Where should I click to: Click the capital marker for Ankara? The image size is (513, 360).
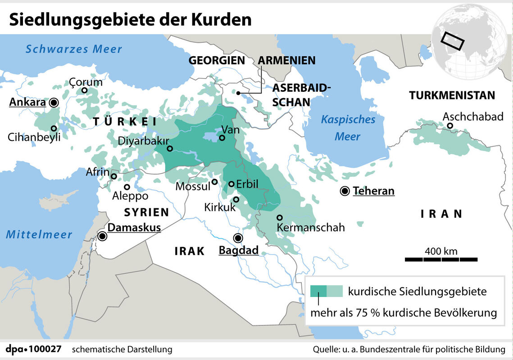click(54, 103)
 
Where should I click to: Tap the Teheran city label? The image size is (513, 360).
click(373, 191)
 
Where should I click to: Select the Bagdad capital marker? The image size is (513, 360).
click(237, 238)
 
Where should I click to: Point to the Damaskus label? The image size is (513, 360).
click(134, 228)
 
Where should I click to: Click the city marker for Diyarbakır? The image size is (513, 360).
click(170, 148)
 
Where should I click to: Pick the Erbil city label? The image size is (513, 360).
click(247, 184)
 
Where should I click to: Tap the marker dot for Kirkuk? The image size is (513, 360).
click(236, 199)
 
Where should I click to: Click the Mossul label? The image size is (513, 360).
click(193, 186)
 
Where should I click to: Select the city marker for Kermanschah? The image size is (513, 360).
click(280, 217)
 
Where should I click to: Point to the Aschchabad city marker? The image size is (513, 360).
click(450, 126)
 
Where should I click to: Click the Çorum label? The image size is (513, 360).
click(86, 82)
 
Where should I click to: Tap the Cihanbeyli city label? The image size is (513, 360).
click(34, 137)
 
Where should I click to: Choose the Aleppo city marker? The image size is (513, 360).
click(127, 187)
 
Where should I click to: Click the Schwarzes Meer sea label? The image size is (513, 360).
click(73, 49)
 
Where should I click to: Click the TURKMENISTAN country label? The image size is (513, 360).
click(452, 95)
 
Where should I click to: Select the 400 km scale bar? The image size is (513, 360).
click(441, 259)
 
